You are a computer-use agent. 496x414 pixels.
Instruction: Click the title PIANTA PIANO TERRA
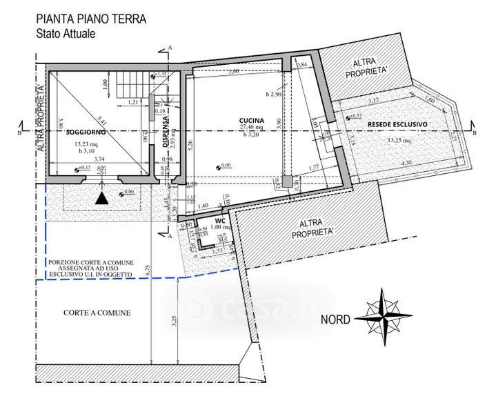click(90, 19)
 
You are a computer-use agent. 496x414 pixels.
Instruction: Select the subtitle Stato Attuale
click(66, 32)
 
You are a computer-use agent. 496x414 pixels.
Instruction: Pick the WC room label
click(219, 221)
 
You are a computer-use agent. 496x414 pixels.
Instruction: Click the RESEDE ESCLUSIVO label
click(397, 124)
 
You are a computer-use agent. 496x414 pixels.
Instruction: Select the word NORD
click(336, 319)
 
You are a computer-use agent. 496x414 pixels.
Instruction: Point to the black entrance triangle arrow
click(101, 198)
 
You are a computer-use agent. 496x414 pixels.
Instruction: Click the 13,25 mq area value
click(399, 140)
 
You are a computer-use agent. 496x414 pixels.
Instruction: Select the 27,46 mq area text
click(251, 128)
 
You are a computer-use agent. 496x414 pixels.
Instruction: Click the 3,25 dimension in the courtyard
click(173, 321)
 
